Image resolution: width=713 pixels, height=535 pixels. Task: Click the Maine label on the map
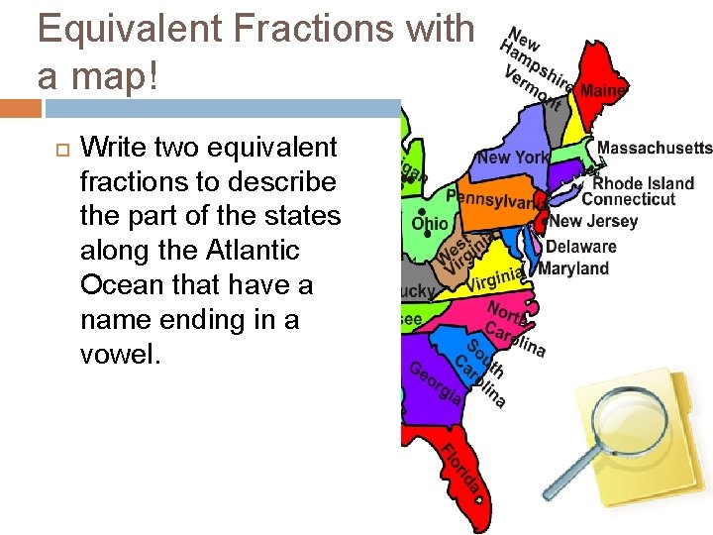pyautogui.click(x=603, y=91)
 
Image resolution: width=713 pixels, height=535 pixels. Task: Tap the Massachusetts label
pyautogui.click(x=655, y=149)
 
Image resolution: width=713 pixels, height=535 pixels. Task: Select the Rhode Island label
pyautogui.click(x=644, y=183)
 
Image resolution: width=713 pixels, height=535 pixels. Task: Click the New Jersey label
pyautogui.click(x=594, y=222)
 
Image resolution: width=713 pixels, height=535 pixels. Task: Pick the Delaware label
pyautogui.click(x=581, y=247)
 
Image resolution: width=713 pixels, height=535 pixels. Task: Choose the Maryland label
pyautogui.click(x=573, y=268)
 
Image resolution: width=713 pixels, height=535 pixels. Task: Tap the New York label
pyautogui.click(x=512, y=158)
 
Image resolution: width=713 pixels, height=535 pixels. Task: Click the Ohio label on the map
pyautogui.click(x=431, y=224)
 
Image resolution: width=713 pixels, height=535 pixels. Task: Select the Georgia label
pyautogui.click(x=435, y=381)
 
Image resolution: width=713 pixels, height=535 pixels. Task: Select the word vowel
pyautogui.click(x=119, y=355)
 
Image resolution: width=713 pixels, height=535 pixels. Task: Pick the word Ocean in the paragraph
pyautogui.click(x=124, y=285)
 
